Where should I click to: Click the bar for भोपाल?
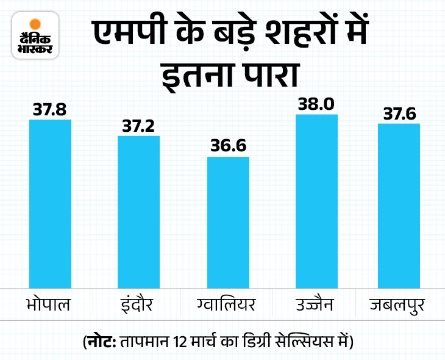pyautogui.click(x=51, y=203)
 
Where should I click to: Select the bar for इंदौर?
pyautogui.click(x=139, y=212)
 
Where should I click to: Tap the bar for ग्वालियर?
pyautogui.click(x=228, y=222)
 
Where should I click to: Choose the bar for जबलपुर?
pyautogui.click(x=399, y=206)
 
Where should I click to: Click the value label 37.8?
pyautogui.click(x=51, y=110)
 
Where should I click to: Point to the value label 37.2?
pyautogui.click(x=139, y=126)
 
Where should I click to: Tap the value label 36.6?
pyautogui.click(x=228, y=148)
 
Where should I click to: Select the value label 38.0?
pyautogui.click(x=316, y=104)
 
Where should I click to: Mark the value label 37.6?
pyautogui.click(x=399, y=114)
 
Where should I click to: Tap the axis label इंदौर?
pyautogui.click(x=138, y=304)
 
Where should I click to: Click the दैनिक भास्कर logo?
pyautogui.click(x=35, y=36)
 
